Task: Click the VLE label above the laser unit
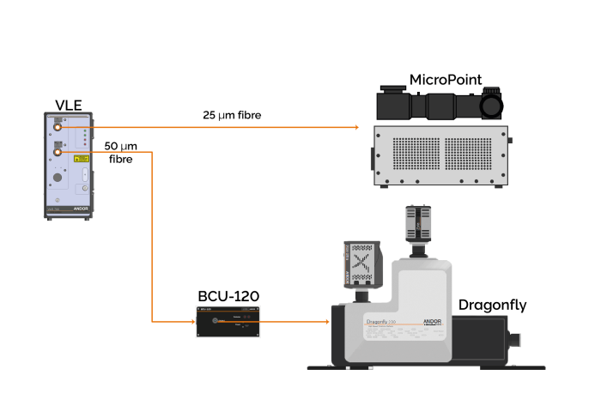69,106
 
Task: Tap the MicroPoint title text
445,81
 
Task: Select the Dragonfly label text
492,305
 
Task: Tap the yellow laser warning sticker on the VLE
80,160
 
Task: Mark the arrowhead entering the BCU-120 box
193,322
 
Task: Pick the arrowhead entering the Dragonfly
328,322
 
